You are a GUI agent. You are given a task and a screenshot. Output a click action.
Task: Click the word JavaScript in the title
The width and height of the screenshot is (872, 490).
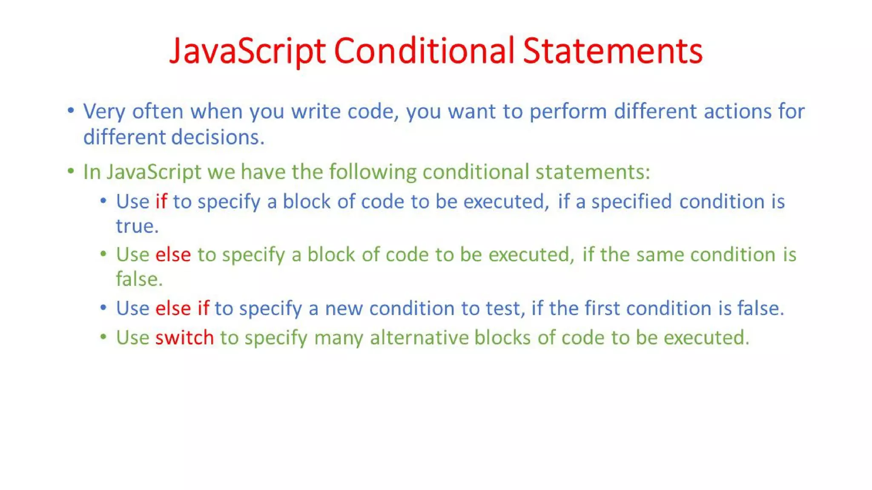[x=247, y=51]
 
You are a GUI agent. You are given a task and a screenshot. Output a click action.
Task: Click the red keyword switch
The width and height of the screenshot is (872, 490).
[x=184, y=338]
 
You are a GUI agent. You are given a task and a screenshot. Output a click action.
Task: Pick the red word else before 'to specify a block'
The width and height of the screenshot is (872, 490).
[x=173, y=255]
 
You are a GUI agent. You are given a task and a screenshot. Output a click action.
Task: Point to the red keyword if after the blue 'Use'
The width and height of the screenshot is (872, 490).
[x=161, y=202]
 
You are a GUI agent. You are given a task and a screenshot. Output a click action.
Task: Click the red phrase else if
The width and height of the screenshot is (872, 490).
[x=182, y=308]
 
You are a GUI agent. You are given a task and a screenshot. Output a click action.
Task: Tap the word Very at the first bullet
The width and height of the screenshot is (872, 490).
[x=104, y=112]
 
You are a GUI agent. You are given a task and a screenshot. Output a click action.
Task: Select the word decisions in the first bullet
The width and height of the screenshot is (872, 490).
[x=218, y=137]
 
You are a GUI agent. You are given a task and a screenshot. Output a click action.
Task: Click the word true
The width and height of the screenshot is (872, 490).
[x=137, y=226]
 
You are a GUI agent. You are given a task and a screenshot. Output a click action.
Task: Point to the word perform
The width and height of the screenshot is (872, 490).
[x=568, y=112]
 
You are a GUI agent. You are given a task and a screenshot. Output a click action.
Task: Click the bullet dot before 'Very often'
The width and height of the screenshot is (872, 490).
[x=71, y=111]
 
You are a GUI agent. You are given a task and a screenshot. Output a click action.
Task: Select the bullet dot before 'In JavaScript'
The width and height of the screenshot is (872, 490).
[x=71, y=171]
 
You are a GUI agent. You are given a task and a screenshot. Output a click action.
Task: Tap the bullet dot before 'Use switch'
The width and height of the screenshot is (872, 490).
[x=103, y=337]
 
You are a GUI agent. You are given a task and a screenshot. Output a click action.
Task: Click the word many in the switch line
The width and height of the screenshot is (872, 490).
[x=338, y=338]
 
